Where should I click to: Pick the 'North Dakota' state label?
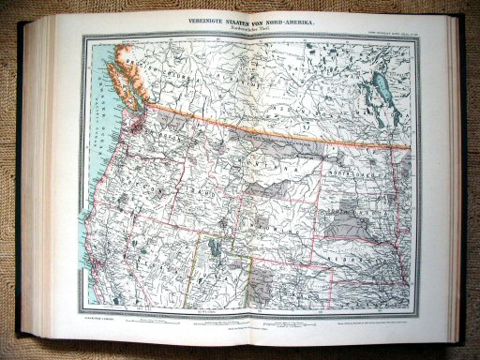(361, 169)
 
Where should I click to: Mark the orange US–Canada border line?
(281, 127)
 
